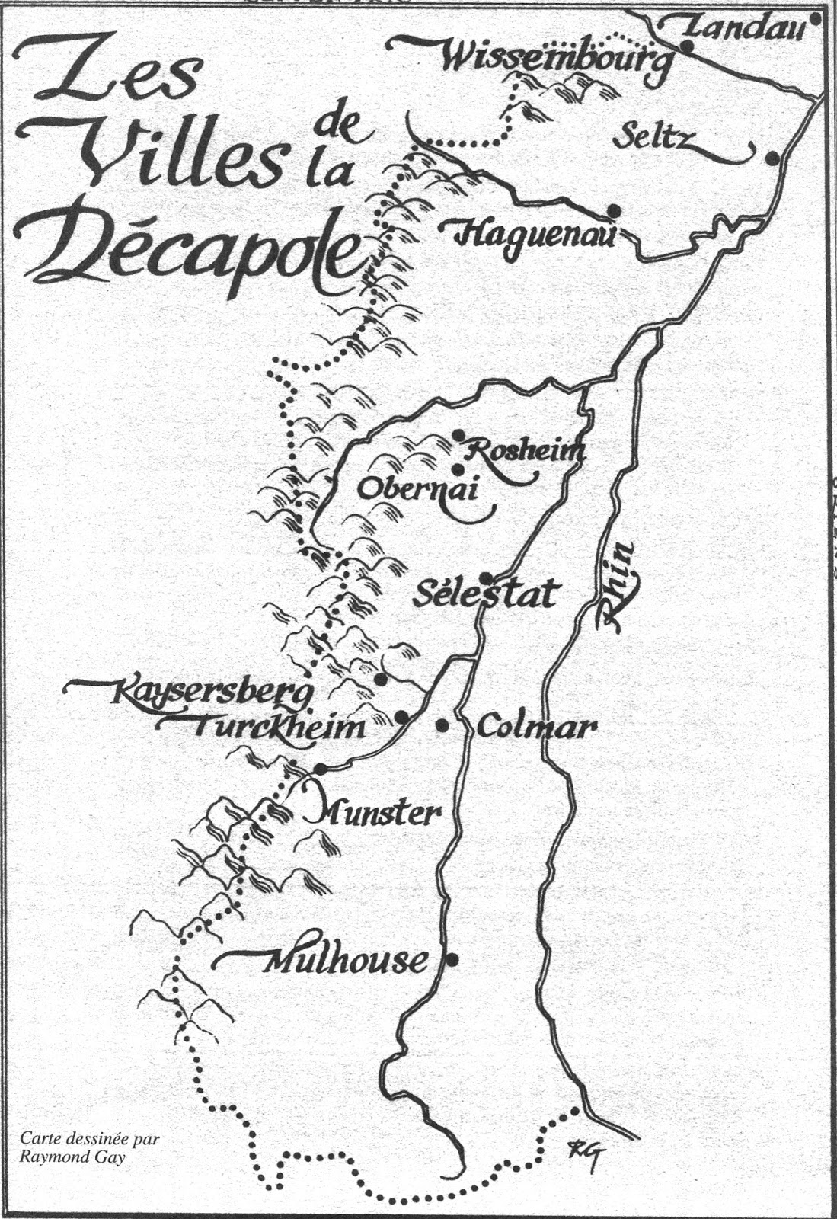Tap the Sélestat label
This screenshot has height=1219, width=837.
(485, 594)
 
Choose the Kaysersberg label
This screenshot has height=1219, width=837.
(213, 693)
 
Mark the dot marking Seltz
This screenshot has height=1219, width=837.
(772, 158)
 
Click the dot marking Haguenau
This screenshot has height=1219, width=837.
(614, 210)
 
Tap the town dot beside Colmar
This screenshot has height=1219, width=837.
(442, 725)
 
